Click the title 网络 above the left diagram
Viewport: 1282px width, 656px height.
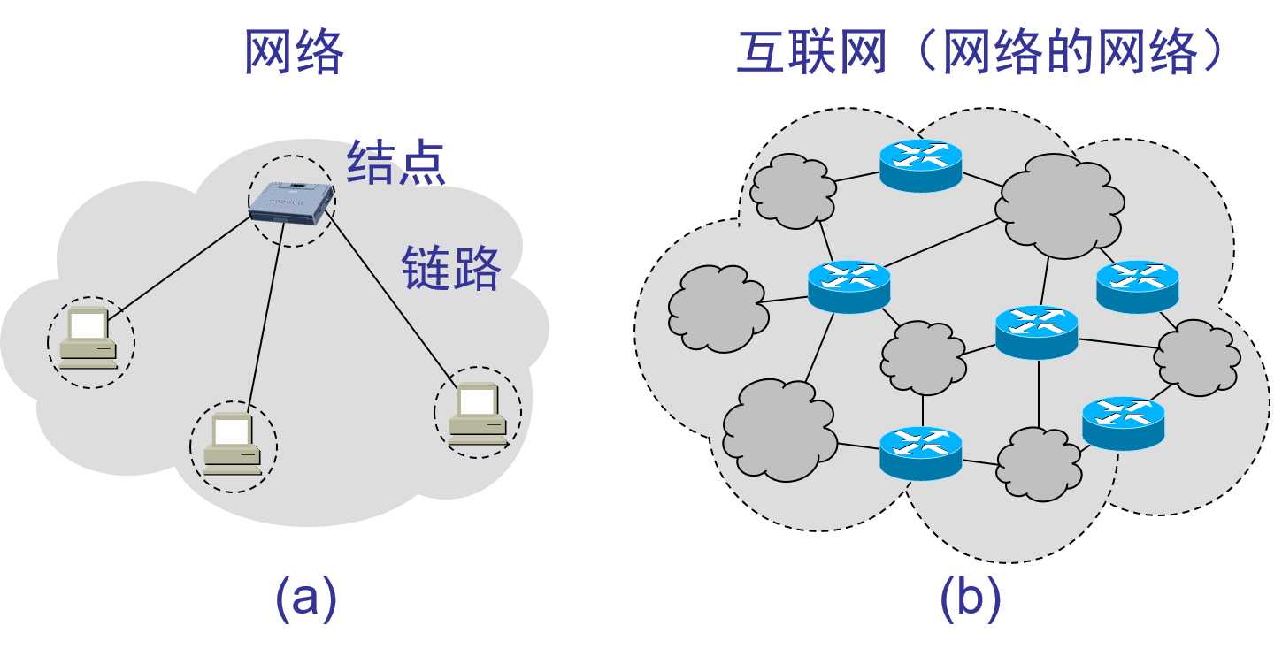tap(293, 53)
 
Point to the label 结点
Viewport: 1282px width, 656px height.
tap(395, 163)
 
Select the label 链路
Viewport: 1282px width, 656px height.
tap(451, 268)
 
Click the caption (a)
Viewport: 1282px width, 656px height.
tap(306, 599)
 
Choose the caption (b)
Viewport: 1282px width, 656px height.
tap(971, 599)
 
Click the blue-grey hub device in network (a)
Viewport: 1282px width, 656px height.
tap(292, 202)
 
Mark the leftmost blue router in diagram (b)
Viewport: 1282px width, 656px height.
tap(848, 285)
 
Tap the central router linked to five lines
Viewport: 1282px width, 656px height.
tap(1036, 331)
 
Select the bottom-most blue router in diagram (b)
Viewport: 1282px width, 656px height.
tap(920, 452)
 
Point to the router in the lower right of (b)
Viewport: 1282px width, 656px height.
tap(1123, 422)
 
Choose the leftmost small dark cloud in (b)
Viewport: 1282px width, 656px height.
tap(717, 307)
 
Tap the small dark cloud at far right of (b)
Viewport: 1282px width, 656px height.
tap(1197, 357)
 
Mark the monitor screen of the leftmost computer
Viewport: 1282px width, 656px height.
tap(88, 326)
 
